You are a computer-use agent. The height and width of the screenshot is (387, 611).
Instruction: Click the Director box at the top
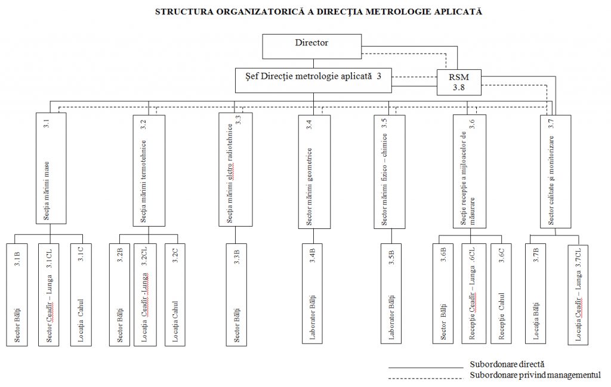point(312,47)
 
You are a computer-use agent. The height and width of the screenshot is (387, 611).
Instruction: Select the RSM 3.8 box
point(459,82)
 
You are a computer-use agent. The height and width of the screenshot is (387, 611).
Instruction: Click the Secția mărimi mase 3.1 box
point(50,168)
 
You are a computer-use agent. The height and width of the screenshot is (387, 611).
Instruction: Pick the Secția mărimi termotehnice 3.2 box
point(148,171)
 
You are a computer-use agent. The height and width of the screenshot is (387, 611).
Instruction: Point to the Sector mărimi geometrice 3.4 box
point(314,171)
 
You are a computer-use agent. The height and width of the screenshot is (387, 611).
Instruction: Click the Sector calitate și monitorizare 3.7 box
point(556,171)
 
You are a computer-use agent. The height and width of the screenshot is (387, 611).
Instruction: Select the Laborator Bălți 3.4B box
point(314,295)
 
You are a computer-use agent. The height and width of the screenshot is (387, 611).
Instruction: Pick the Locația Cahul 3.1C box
point(84,295)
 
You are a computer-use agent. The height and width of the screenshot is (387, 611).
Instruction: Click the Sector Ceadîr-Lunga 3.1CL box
point(52,295)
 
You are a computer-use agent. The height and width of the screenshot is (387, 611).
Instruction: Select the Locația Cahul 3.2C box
point(179,295)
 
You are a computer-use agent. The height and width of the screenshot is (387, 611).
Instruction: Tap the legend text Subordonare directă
point(507,363)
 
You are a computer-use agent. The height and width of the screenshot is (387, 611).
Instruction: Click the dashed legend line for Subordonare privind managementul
point(425,377)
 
